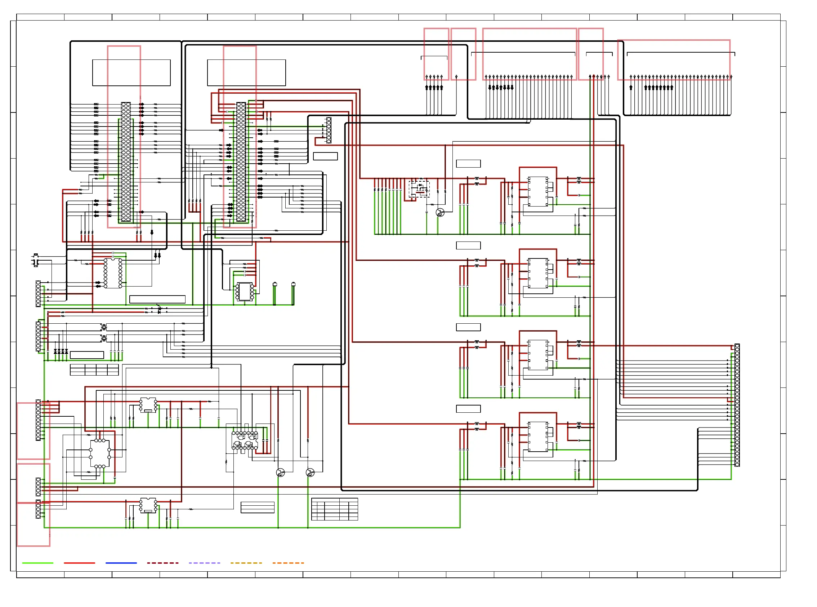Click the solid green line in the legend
37,563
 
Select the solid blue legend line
121,563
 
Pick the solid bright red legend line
79,563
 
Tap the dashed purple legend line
204,563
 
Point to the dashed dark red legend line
163,563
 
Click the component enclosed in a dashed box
419,189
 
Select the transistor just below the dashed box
440,212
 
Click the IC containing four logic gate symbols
245,440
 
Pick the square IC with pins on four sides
99,453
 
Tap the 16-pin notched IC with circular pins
113,273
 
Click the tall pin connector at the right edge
737,405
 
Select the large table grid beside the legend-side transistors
334,509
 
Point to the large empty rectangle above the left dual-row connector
131,72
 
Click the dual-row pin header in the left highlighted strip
126,162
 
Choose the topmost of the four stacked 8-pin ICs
538,191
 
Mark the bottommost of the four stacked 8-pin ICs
538,436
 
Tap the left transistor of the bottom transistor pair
280,472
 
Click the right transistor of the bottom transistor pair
310,472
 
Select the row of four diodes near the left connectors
61,352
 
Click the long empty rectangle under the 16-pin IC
157,299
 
